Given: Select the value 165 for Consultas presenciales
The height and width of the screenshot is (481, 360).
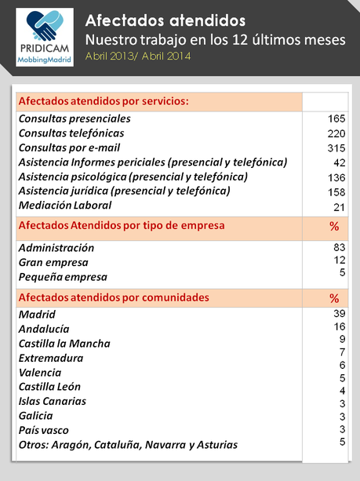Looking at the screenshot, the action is pyautogui.click(x=336, y=118).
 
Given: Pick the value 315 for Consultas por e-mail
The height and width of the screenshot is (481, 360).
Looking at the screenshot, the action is pyautogui.click(x=336, y=148).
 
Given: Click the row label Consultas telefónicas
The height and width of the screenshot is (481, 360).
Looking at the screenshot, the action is pyautogui.click(x=71, y=133).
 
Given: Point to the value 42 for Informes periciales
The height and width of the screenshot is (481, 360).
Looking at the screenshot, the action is pyautogui.click(x=340, y=162).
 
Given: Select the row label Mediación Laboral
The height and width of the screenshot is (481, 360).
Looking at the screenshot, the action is pyautogui.click(x=65, y=206).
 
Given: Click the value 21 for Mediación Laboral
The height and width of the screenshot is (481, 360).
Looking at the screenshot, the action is pyautogui.click(x=340, y=206).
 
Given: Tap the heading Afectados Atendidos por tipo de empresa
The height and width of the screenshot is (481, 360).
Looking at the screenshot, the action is pyautogui.click(x=121, y=226).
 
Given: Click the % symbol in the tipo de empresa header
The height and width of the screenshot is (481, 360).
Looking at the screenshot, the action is pyautogui.click(x=334, y=227).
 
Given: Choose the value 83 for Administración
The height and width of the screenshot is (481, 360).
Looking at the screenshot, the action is pyautogui.click(x=340, y=247).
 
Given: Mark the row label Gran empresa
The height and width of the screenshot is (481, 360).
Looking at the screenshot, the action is pyautogui.click(x=53, y=262).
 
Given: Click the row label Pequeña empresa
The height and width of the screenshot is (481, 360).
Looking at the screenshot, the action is pyautogui.click(x=63, y=277).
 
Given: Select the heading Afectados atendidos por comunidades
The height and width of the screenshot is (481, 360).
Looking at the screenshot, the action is pyautogui.click(x=113, y=297).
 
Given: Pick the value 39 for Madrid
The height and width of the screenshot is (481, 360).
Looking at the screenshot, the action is pyautogui.click(x=340, y=313).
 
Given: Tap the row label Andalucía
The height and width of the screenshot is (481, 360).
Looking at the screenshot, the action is pyautogui.click(x=44, y=329).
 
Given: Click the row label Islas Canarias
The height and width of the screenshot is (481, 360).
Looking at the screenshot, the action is pyautogui.click(x=53, y=401).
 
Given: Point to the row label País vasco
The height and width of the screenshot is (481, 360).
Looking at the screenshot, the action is pyautogui.click(x=44, y=430).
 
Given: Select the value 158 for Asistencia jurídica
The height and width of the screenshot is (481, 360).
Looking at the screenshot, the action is pyautogui.click(x=336, y=191).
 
